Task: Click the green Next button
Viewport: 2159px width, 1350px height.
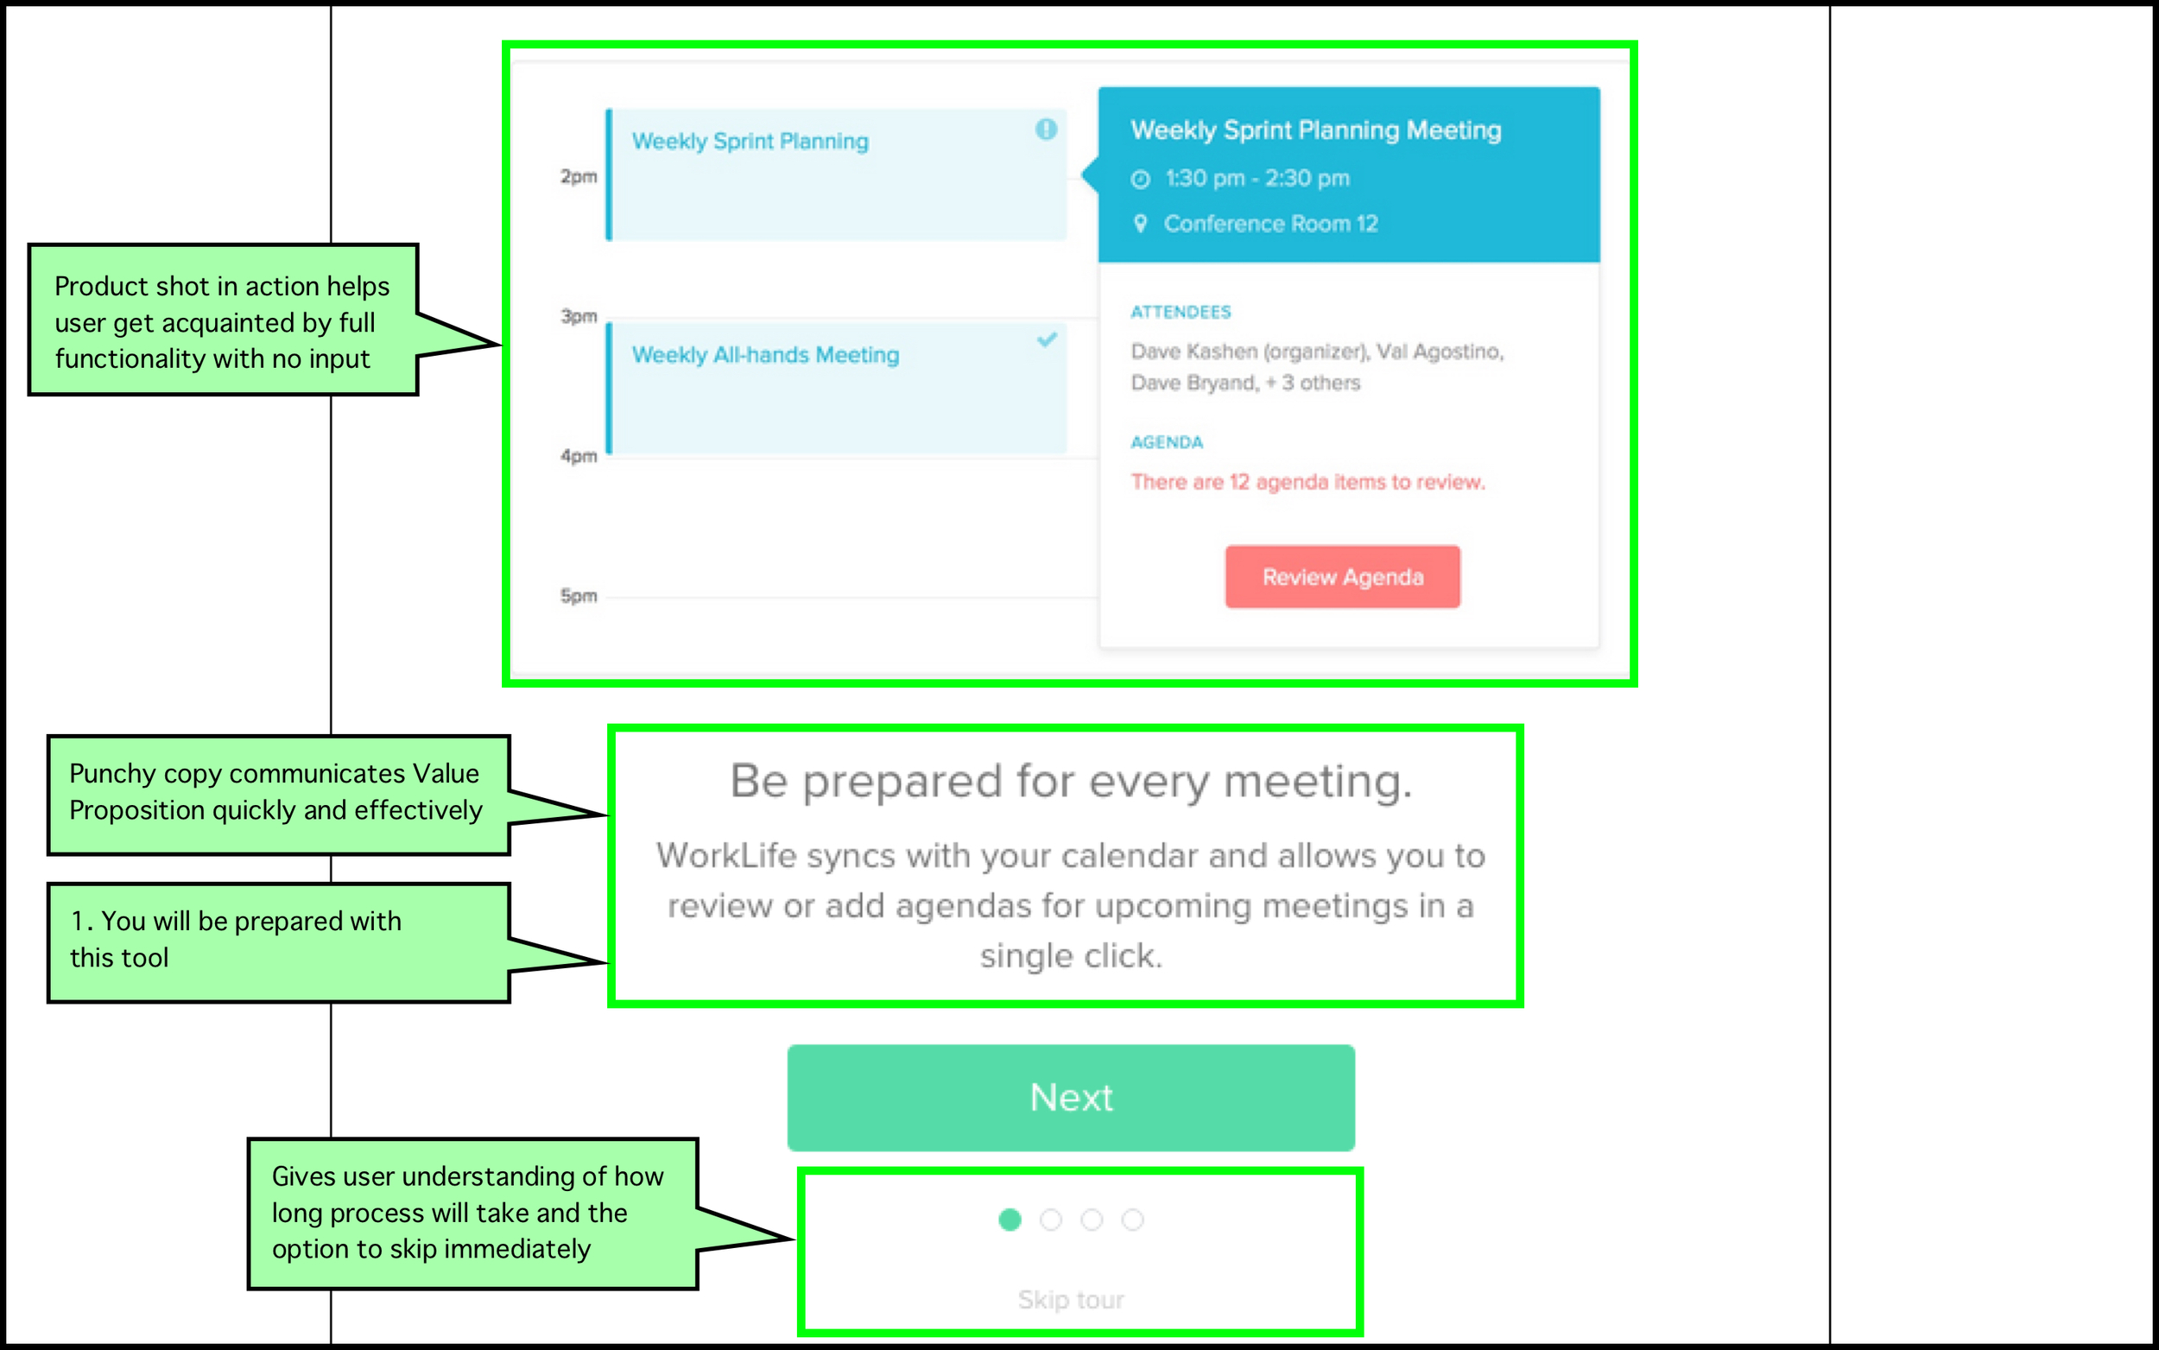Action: click(1071, 1097)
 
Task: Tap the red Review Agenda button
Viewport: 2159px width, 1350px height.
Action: click(1342, 577)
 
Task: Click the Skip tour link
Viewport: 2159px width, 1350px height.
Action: click(1071, 1299)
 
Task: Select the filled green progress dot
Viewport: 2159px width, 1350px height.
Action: click(1010, 1220)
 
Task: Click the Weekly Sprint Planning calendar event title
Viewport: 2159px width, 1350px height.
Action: click(750, 142)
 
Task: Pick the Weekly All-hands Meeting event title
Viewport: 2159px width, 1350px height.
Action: click(766, 355)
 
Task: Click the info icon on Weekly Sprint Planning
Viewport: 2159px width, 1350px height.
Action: click(1046, 130)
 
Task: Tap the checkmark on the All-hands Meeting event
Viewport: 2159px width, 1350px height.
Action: click(1047, 340)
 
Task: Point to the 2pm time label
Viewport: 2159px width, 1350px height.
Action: click(579, 177)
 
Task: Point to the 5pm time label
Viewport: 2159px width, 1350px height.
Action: click(579, 595)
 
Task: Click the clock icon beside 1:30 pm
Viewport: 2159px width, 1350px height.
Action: click(1140, 180)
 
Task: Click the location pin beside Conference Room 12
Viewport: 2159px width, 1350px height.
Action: click(1140, 223)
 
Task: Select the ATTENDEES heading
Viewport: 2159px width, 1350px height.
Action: click(1181, 312)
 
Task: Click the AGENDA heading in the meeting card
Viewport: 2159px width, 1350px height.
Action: click(1167, 442)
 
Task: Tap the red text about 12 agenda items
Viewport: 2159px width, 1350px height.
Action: click(1307, 482)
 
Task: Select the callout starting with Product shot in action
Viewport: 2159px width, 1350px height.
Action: click(223, 320)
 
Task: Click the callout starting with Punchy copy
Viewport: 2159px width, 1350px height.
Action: click(278, 795)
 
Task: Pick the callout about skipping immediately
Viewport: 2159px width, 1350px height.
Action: click(473, 1214)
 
